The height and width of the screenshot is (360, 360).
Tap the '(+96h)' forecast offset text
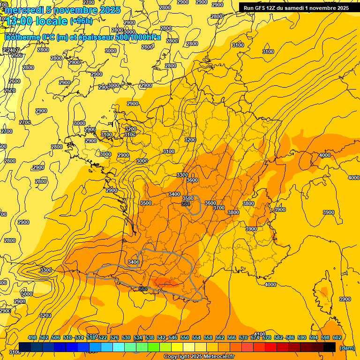[81, 21]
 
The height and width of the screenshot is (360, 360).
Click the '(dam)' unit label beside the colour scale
[346, 347]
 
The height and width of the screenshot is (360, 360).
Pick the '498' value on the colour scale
[32, 337]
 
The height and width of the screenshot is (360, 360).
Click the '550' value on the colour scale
[185, 337]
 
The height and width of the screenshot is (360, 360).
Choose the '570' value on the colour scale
[243, 337]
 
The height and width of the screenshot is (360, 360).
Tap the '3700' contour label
[218, 208]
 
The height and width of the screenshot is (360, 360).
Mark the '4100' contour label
[259, 334]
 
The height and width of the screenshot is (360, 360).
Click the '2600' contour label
[15, 81]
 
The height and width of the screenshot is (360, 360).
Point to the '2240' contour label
[10, 50]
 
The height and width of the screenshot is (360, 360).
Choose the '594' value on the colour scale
[314, 337]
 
